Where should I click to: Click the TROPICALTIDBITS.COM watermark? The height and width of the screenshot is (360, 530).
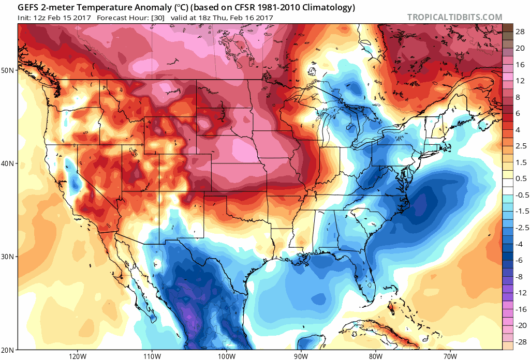coord(454,17)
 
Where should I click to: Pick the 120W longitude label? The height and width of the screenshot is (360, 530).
coord(77,356)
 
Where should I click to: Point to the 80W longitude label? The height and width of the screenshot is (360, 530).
coord(375,356)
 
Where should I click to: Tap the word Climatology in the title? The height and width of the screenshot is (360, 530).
coord(329,7)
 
